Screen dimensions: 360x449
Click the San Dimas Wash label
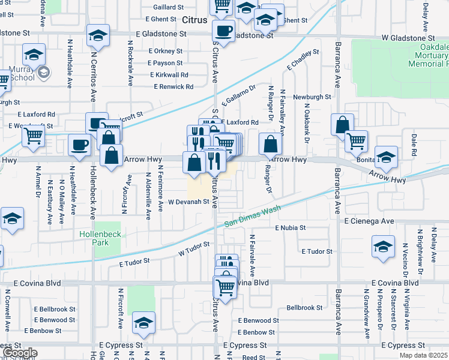253,217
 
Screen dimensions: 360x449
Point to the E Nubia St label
291,228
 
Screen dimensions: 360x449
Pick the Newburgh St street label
312,97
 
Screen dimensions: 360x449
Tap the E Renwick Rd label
173,87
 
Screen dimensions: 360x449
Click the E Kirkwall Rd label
169,75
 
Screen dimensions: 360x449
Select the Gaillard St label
168,7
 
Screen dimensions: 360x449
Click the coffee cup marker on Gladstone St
224,31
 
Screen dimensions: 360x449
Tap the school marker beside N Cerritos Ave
97,36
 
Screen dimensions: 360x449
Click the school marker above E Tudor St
383,247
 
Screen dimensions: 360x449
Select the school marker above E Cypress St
143,323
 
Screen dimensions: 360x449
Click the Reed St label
254,357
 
